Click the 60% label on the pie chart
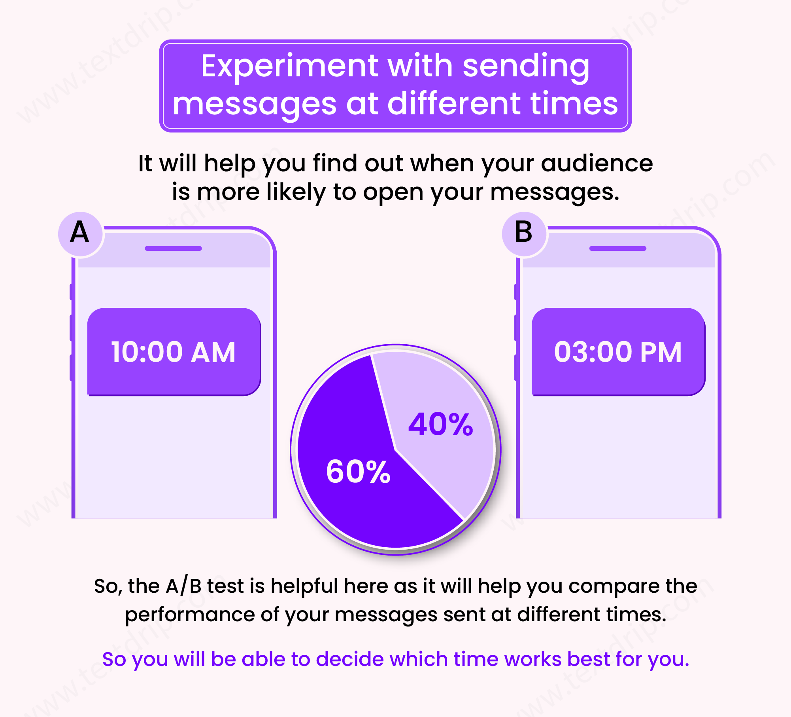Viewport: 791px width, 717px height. coord(358,472)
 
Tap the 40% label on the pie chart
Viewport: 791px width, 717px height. coord(440,424)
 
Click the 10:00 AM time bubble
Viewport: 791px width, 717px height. coord(174,352)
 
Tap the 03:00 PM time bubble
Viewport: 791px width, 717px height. coord(618,352)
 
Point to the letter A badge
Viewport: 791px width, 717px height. coord(80,233)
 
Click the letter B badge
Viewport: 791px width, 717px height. coord(524,233)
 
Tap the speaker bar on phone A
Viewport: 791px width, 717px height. coord(174,248)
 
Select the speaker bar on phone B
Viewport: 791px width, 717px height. coord(618,248)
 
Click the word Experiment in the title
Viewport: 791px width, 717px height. coord(290,66)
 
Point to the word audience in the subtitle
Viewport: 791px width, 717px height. coord(597,163)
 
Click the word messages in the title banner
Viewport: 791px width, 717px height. coord(255,104)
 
